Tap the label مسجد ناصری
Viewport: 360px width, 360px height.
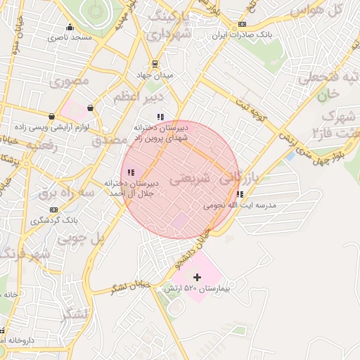click(x=70, y=37)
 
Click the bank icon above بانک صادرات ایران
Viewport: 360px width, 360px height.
click(x=243, y=24)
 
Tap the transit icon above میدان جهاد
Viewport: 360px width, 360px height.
click(x=155, y=63)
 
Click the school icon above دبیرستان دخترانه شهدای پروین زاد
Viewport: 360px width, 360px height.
click(x=161, y=117)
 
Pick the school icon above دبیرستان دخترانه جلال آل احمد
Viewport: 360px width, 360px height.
click(x=131, y=172)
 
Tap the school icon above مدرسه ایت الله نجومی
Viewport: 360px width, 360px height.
click(x=240, y=195)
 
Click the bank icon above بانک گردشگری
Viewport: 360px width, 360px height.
click(x=53, y=209)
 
